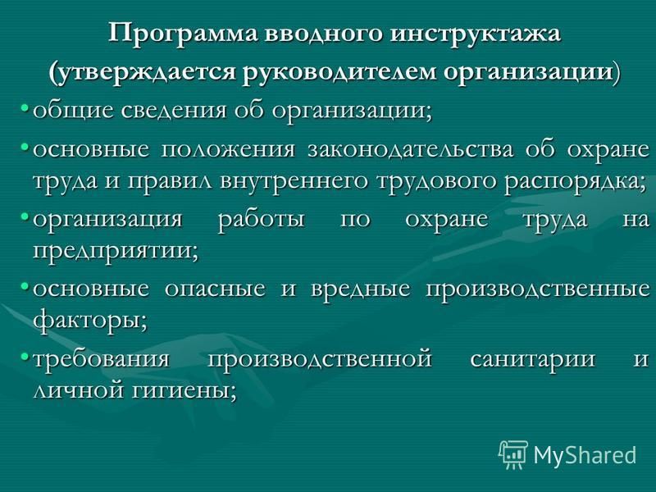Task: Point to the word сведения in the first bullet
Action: point(174,111)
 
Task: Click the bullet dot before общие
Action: point(25,109)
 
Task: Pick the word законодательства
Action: point(411,149)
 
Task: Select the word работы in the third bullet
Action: point(262,220)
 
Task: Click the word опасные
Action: point(215,289)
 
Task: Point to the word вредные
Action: point(360,289)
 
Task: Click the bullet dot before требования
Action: point(25,356)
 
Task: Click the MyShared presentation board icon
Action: point(513,455)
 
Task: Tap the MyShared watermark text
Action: point(585,455)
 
